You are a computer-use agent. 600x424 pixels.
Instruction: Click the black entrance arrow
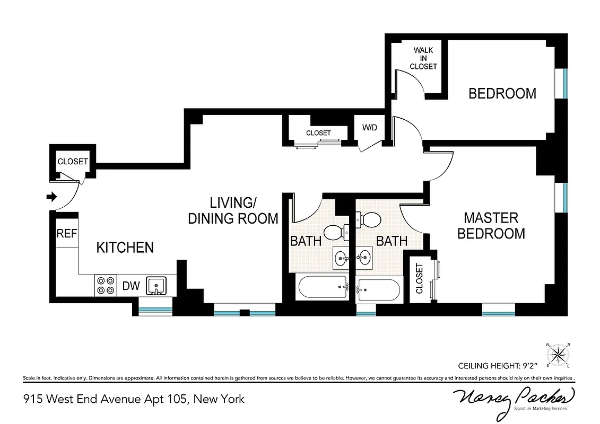point(51,197)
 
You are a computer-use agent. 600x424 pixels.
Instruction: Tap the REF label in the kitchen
point(67,234)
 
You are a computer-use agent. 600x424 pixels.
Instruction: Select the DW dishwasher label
point(131,286)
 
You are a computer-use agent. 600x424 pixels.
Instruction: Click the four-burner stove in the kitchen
point(105,286)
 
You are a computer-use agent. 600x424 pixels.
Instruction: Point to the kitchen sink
point(156,286)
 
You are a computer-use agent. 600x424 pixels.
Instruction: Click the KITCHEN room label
point(125,248)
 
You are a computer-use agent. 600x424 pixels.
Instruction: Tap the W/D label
point(370,128)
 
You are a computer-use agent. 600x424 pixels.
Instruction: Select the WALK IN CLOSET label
point(423,58)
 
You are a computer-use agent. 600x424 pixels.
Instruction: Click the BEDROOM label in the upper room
point(502,94)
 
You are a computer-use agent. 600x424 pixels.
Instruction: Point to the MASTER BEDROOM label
point(491,225)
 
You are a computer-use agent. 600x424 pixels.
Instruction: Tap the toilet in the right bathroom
point(369,219)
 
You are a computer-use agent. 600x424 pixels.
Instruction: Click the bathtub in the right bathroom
point(378,289)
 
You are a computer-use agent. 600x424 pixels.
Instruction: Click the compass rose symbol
point(557,354)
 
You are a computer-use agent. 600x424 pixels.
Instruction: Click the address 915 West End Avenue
point(133,399)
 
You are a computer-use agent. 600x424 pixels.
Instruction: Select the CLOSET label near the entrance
point(73,162)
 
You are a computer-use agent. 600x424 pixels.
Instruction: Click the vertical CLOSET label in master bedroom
point(420,279)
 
